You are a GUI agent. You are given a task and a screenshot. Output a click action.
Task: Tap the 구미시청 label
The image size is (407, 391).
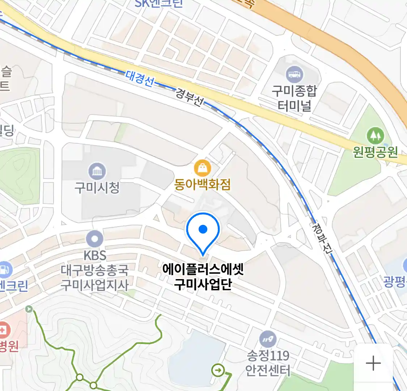coord(97,188)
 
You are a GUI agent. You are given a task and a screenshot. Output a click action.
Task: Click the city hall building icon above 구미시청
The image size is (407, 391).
coord(97,171)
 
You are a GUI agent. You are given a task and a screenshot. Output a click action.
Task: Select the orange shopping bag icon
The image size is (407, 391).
coord(203,168)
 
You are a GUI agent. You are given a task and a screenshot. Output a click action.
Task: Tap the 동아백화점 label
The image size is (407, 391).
coord(202,185)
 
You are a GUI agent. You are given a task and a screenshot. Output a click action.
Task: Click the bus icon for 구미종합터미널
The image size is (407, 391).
coord(294,75)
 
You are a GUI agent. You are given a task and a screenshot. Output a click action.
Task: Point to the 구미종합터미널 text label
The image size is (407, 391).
coord(294,98)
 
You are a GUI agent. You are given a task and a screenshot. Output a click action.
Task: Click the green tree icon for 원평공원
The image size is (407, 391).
coord(375,136)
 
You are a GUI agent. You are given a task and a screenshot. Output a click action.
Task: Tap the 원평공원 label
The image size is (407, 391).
coord(375,152)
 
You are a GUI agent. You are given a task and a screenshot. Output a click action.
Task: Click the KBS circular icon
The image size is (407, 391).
coord(95,239)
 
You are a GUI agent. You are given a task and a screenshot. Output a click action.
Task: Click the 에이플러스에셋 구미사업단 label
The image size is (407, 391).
coord(203,277)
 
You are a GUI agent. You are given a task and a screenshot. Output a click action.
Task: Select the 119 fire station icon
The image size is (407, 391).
coord(268,340)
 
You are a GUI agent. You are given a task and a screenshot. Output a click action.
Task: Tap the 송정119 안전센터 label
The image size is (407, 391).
coord(268,363)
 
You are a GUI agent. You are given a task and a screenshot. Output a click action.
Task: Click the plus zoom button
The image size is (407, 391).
coord(373,363)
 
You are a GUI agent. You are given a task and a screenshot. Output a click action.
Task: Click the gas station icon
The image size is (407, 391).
coord(4,269)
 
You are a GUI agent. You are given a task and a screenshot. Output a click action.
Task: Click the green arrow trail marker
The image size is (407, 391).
coord(218,370)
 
